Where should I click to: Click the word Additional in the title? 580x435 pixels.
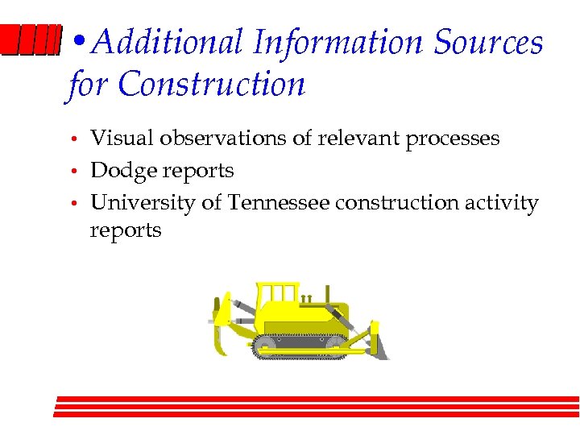point(168,43)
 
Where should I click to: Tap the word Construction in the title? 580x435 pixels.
point(211,84)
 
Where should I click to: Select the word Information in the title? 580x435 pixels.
point(337,43)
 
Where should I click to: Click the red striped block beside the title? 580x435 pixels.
point(31,40)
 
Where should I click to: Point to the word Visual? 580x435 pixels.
point(122,139)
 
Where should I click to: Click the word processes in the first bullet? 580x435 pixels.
point(452,139)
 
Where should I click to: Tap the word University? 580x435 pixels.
point(143,203)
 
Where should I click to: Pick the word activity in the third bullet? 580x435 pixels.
point(503,203)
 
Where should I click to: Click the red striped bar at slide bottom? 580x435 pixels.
point(317,407)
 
